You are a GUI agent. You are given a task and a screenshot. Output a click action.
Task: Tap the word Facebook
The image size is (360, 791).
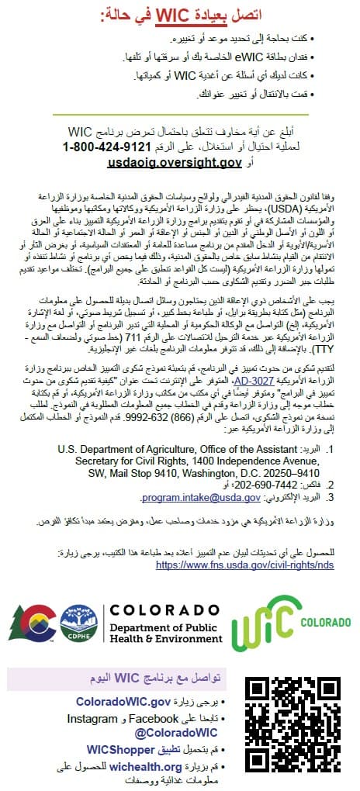[156, 719]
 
